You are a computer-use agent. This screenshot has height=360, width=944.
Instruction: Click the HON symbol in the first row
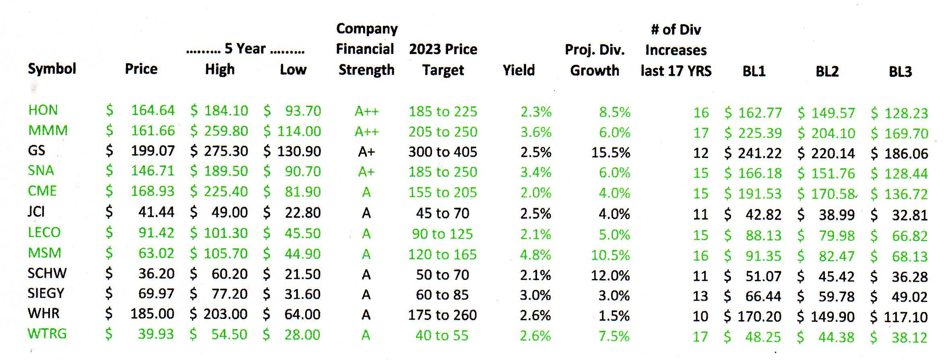point(43,110)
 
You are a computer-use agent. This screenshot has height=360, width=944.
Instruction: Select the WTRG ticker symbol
point(47,334)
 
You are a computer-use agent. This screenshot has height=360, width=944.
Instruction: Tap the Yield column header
point(518,70)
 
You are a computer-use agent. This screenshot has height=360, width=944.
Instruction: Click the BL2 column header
point(827,71)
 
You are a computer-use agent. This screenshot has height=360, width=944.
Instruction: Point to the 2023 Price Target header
point(443,60)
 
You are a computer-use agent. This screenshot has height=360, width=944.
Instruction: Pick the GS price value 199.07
point(153,151)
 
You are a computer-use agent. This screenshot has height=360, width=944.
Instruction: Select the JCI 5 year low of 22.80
point(302,212)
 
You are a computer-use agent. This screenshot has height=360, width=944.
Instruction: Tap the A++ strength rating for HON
point(366,111)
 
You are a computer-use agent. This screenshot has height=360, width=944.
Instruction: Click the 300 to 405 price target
point(442,152)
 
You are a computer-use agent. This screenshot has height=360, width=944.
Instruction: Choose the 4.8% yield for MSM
point(535,254)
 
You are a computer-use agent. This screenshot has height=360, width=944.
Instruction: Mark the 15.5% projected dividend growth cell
point(610,153)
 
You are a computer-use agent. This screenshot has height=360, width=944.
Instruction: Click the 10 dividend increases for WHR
point(700,316)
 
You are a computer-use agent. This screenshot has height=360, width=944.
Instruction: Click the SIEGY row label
point(46,293)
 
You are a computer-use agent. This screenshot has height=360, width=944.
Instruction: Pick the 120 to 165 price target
point(442,254)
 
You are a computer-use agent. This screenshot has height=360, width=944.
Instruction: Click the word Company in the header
point(367,29)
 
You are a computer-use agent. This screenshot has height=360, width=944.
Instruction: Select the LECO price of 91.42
point(156,233)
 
